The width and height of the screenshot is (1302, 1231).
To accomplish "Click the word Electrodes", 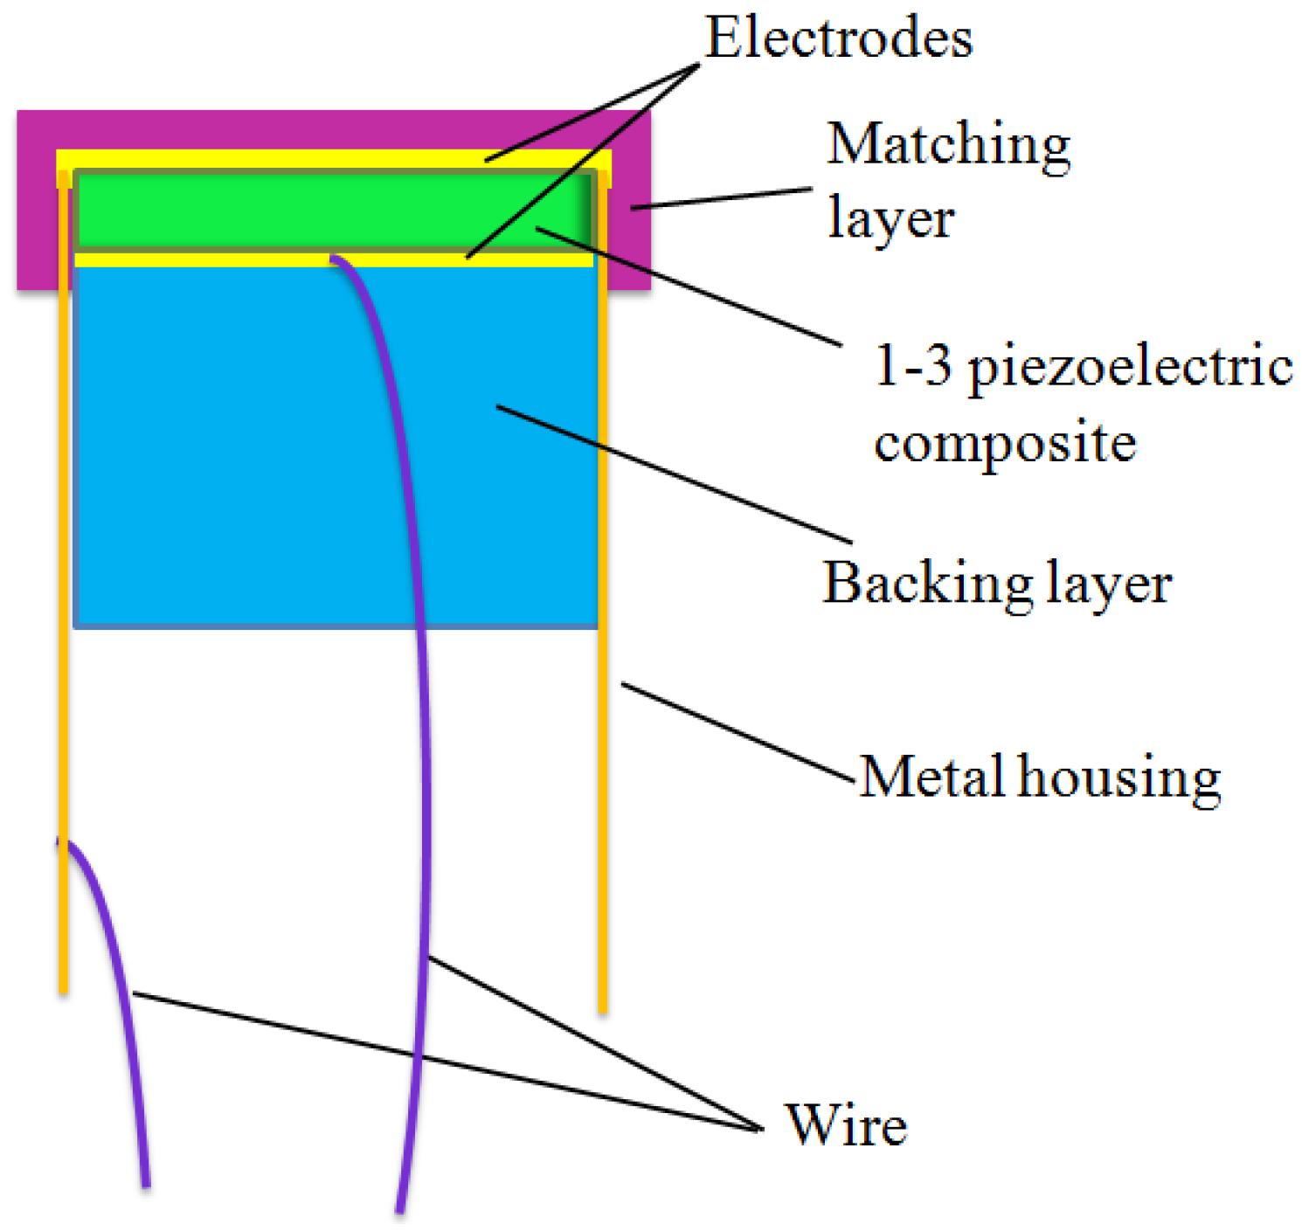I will coord(839,38).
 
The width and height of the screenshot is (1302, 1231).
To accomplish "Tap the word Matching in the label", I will coord(948,146).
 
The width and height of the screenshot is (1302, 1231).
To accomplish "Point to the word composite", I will coord(1005,444).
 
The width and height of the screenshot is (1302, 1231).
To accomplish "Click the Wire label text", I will coord(846,1125).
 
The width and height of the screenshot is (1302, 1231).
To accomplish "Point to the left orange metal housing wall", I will coord(64,612).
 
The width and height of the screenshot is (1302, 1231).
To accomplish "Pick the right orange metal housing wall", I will coord(603,786).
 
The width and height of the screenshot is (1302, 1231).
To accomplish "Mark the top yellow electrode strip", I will coord(262,158).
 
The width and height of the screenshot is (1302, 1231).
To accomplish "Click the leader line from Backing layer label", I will coord(673,472).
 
